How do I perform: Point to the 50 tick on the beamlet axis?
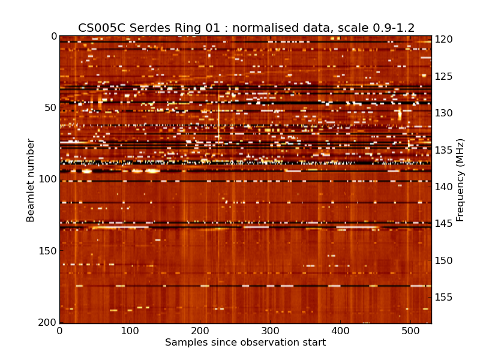click(x=49, y=108)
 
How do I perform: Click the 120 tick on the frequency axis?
click(x=445, y=40)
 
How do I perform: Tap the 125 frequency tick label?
click(x=445, y=76)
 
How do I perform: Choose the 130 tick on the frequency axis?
click(x=445, y=113)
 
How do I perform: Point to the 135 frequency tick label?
click(x=445, y=150)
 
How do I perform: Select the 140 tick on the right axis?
click(x=445, y=187)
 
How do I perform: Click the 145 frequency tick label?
click(x=445, y=224)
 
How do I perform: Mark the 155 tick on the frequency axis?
click(x=445, y=298)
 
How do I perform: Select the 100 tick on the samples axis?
click(x=130, y=331)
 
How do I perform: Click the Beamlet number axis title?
click(x=31, y=180)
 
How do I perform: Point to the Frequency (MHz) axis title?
click(x=460, y=180)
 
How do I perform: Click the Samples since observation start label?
click(x=245, y=343)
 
